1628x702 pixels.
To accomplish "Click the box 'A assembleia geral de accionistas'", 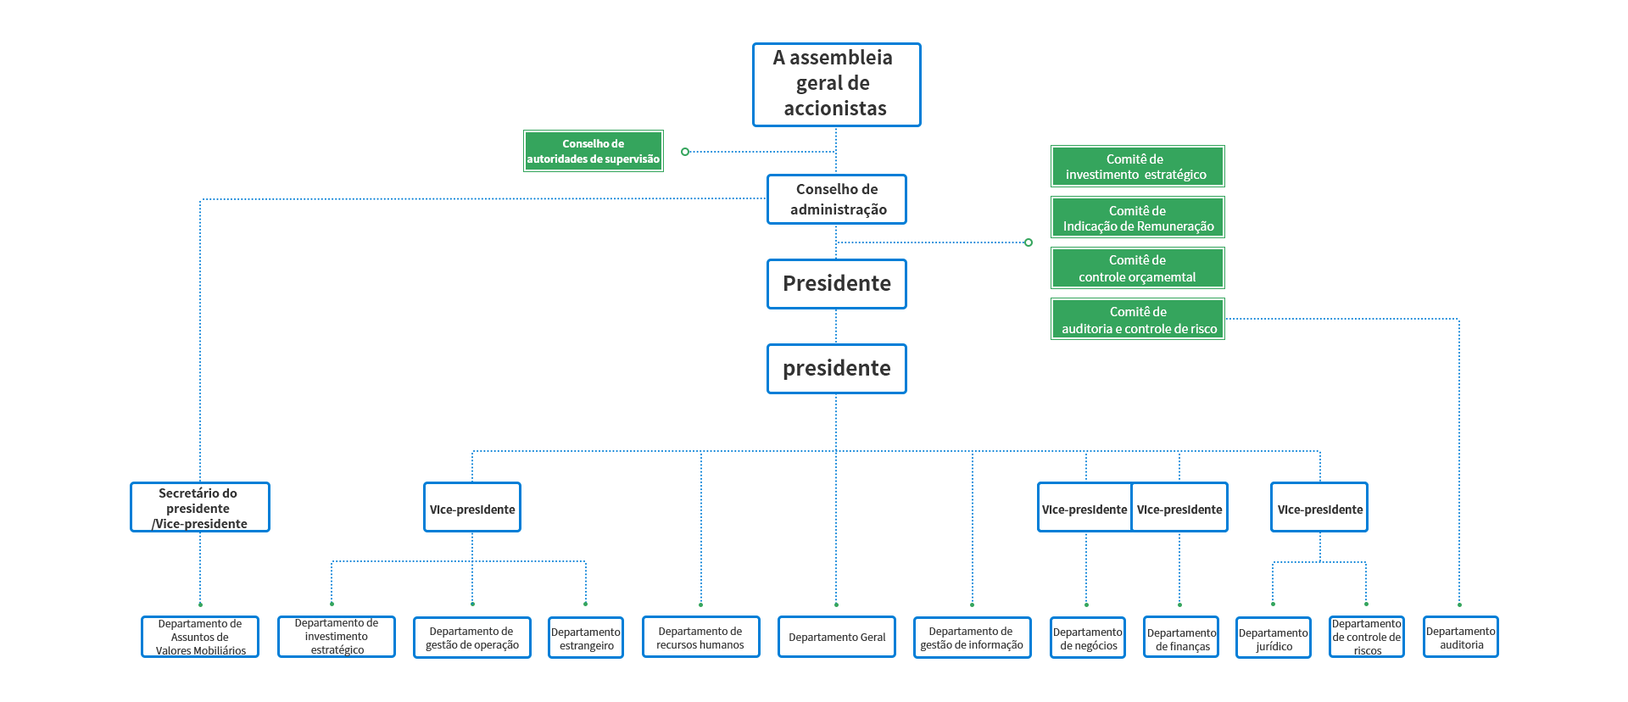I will coord(836,85).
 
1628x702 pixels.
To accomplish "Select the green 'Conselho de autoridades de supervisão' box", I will coord(593,151).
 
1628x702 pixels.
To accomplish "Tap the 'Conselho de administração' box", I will coord(836,199).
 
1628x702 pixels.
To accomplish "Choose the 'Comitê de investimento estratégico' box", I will coord(1137,166).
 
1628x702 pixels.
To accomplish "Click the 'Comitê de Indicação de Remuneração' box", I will coord(1137,218).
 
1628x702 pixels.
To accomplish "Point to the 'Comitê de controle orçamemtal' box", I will coord(1137,268).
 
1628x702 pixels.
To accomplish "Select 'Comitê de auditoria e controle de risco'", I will coord(1137,320).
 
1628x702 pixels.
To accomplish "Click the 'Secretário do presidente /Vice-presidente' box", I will coord(199,508).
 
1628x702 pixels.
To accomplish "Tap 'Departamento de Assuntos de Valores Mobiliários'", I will coord(199,637).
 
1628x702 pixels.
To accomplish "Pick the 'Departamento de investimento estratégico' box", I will coord(337,637).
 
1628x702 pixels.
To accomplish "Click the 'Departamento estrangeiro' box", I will coord(586,638).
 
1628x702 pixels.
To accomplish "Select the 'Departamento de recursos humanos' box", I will coord(700,638).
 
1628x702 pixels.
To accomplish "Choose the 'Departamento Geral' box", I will coord(837,638).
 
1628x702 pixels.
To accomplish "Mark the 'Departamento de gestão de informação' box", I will coord(972,638).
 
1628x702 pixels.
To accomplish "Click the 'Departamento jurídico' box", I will coord(1274,638).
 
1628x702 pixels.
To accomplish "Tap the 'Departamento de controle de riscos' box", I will coord(1367,638).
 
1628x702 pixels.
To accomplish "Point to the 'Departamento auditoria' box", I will coord(1461,638).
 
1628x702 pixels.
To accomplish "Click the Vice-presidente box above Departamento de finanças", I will coord(1179,509).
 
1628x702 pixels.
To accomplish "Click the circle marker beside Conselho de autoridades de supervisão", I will coord(685,152).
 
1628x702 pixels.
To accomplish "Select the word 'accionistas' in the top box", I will coord(835,109).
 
